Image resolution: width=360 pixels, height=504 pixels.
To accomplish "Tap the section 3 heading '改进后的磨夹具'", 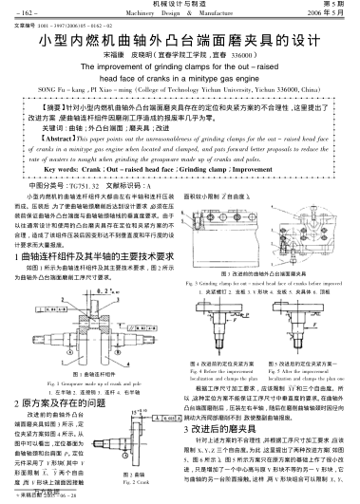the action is pyautogui.click(x=227, y=428).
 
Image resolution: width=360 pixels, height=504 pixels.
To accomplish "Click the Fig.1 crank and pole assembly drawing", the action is pyautogui.click(x=90, y=312).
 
